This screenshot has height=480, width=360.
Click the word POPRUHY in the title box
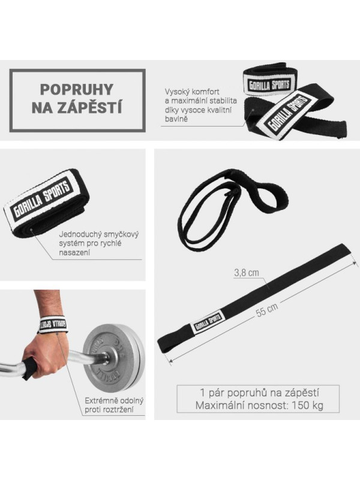click(x=77, y=89)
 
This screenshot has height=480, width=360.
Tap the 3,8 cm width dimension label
click(x=247, y=272)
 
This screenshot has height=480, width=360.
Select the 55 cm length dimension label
click(x=267, y=310)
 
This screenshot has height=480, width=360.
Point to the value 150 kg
click(x=307, y=406)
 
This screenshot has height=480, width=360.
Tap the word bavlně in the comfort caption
click(x=176, y=119)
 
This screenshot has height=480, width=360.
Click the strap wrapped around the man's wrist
click(x=53, y=325)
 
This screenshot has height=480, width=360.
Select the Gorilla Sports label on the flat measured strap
click(x=208, y=322)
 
